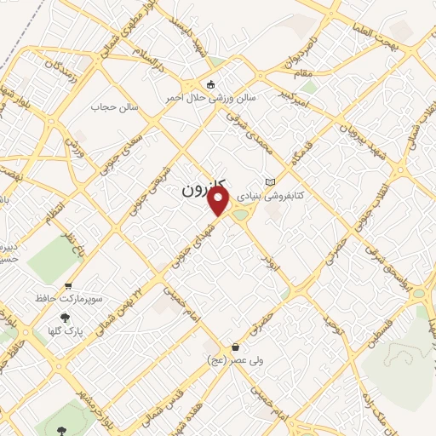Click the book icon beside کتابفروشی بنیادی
coord(271,182)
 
